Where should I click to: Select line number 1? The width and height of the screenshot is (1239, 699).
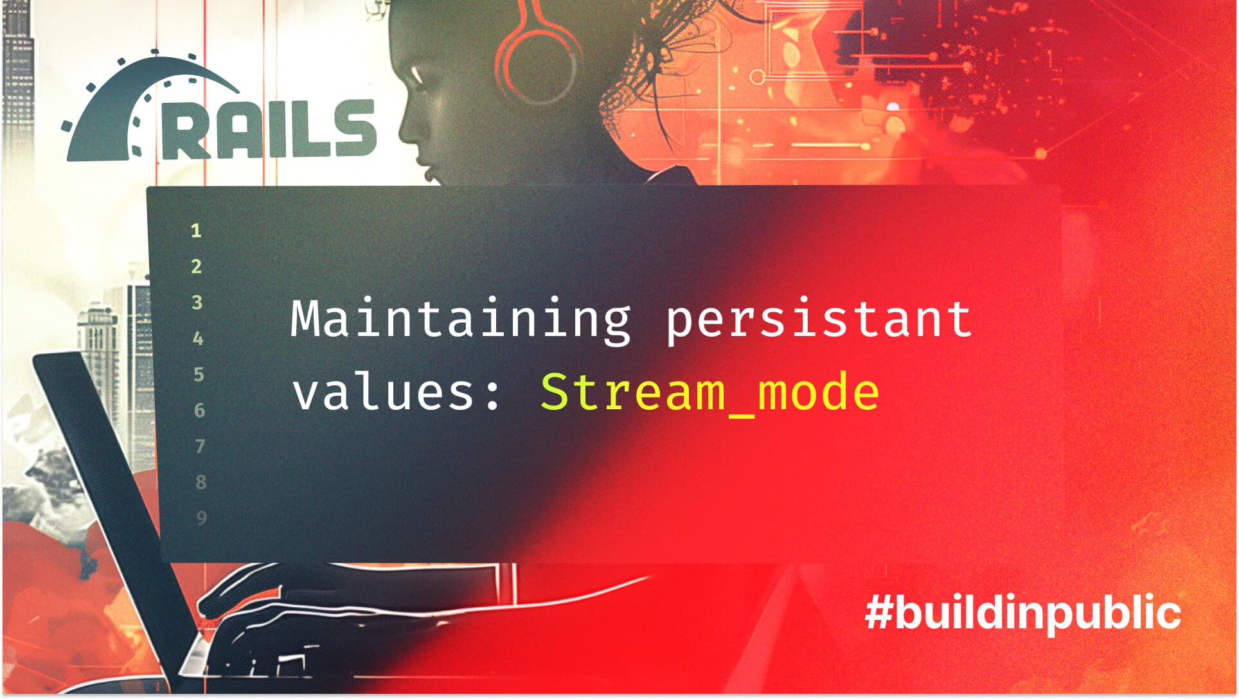(196, 231)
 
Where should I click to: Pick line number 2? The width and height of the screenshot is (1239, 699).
(196, 266)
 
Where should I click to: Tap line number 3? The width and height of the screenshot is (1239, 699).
(197, 302)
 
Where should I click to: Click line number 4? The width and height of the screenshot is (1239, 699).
(197, 338)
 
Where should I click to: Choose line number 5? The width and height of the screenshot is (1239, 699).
(198, 374)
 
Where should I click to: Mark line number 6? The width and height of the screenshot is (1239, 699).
(199, 410)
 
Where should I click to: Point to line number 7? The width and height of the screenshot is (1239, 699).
(200, 446)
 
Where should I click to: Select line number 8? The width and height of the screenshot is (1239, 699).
(201, 482)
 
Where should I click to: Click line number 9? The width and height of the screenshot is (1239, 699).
(201, 518)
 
